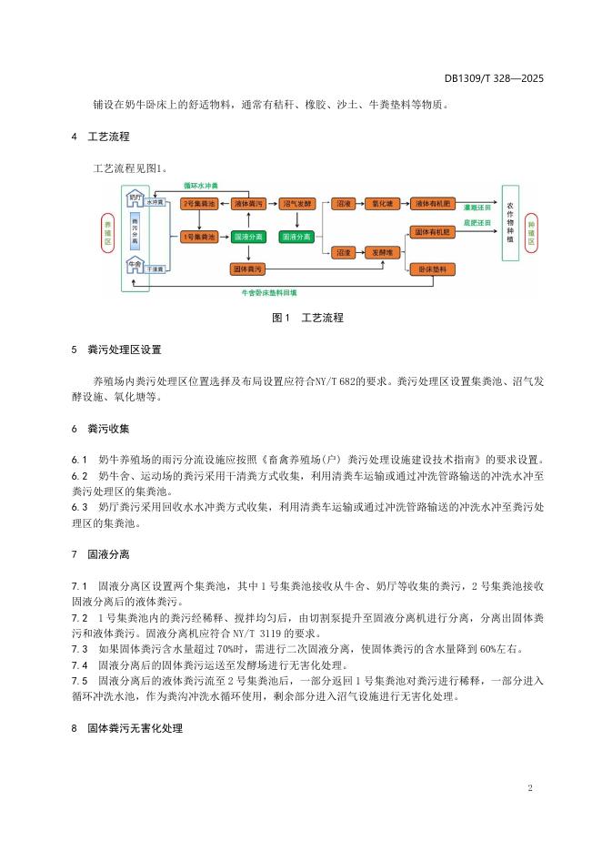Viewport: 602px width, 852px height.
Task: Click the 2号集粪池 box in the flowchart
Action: (197, 205)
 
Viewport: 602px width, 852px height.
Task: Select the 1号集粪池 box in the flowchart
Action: (197, 237)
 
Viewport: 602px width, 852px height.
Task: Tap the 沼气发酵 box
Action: (297, 205)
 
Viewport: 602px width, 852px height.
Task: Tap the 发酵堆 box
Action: (381, 251)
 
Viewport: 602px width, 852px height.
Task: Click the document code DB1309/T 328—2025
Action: (494, 79)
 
